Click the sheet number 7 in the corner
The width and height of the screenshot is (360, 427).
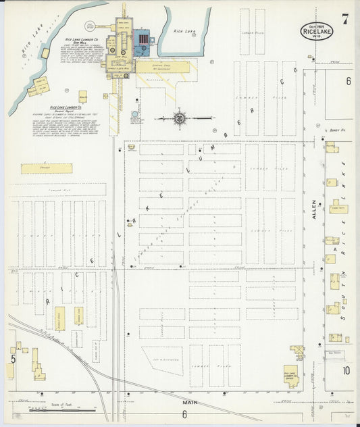(344, 20)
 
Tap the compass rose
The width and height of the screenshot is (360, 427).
(180, 119)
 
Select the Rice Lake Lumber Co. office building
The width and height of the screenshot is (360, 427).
(290, 374)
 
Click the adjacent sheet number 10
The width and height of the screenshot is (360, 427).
(346, 370)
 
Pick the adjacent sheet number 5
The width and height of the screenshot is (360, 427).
(12, 359)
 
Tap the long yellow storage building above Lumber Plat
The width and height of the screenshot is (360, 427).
(46, 168)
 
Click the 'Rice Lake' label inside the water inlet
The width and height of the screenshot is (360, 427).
(184, 30)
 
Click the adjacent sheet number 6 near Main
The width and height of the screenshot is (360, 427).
(184, 414)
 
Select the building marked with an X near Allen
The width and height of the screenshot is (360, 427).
(297, 352)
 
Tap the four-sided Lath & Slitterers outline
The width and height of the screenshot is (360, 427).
(162, 361)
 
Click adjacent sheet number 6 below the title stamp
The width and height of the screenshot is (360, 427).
(349, 81)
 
